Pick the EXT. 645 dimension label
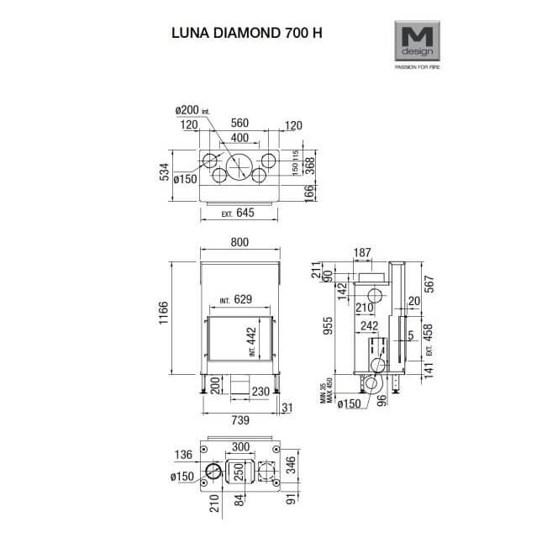coord(239,214)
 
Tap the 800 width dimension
coord(239,244)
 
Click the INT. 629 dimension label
coord(236,300)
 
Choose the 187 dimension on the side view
coord(362,253)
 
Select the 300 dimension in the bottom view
coord(241,446)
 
